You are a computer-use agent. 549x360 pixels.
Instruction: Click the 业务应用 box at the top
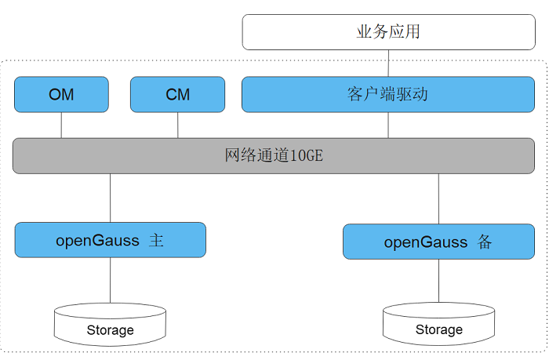(x=388, y=32)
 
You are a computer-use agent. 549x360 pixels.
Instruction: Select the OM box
(x=61, y=94)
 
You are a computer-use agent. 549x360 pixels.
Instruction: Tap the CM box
(x=177, y=94)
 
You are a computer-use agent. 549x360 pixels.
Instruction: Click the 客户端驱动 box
(x=388, y=94)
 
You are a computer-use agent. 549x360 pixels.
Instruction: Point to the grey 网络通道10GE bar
(x=274, y=155)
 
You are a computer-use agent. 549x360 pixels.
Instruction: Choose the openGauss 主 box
(x=110, y=240)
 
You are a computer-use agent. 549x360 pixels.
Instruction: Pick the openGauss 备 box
(x=438, y=242)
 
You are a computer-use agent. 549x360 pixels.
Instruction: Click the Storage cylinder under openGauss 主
(x=110, y=324)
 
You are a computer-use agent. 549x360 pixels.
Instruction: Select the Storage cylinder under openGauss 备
(x=438, y=324)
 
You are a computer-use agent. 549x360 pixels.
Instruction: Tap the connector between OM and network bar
(x=61, y=125)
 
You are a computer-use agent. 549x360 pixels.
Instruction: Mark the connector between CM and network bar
(x=177, y=125)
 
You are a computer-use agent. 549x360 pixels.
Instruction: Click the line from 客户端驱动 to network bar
(x=388, y=125)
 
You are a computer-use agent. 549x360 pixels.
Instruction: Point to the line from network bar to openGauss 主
(x=110, y=198)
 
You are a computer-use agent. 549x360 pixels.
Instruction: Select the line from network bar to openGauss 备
(x=438, y=198)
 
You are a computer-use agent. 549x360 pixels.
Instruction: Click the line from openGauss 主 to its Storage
(x=110, y=280)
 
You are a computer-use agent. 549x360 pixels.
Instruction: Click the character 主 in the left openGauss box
(x=156, y=240)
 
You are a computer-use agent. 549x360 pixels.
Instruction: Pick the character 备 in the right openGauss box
(x=484, y=242)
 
